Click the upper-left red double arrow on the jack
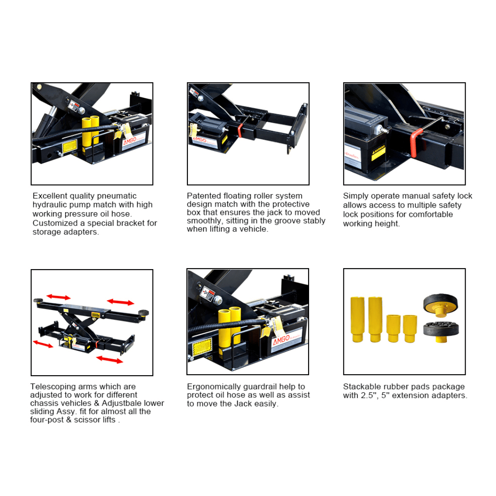pyautogui.click(x=59, y=297)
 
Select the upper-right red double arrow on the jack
pyautogui.click(x=120, y=302)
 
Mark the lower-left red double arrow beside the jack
pyautogui.click(x=43, y=344)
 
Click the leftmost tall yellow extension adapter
pyautogui.click(x=357, y=319)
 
